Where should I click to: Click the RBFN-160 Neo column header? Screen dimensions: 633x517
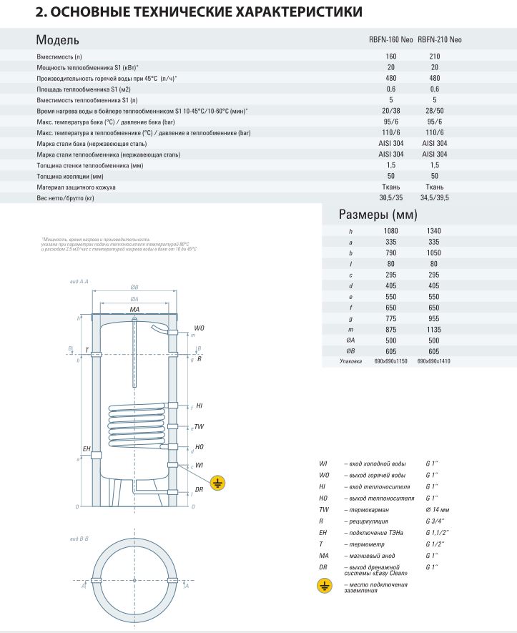[391, 40]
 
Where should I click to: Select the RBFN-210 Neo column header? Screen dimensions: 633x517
[439, 40]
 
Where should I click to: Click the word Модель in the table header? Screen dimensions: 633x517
[57, 40]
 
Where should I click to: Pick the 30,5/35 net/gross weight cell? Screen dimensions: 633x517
[391, 197]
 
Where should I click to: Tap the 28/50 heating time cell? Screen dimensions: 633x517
[434, 111]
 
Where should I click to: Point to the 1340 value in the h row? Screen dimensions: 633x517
[434, 231]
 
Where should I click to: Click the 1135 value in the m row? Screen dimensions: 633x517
[434, 329]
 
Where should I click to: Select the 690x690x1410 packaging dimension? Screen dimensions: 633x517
[434, 362]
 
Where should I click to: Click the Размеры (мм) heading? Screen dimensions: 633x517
[378, 215]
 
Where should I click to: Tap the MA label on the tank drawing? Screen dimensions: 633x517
[134, 309]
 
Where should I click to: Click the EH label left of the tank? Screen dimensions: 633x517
[87, 448]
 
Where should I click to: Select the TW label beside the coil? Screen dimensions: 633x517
[200, 427]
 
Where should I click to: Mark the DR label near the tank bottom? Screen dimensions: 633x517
[200, 490]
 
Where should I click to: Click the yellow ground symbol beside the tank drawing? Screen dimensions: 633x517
[219, 484]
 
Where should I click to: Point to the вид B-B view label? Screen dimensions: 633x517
[79, 537]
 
